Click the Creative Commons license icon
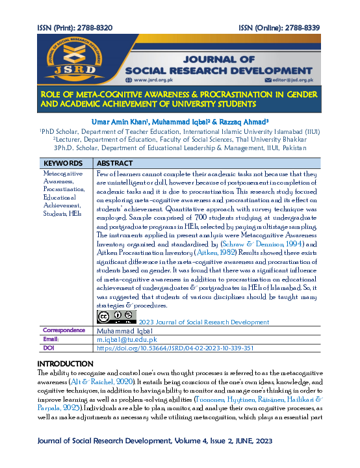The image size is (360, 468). pyautogui.click(x=115, y=317)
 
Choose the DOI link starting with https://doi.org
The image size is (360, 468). pyautogui.click(x=166, y=348)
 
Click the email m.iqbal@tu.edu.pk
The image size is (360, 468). pyautogui.click(x=127, y=339)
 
